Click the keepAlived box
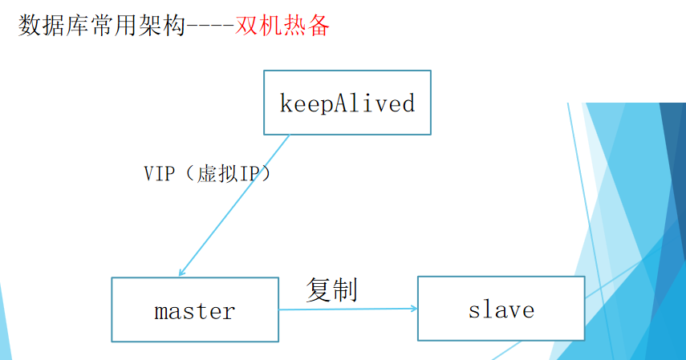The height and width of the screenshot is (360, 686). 347,103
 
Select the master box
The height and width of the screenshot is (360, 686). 194,309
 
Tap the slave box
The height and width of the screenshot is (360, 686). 501,309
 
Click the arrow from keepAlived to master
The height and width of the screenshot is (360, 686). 234,204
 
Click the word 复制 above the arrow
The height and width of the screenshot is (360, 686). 331,289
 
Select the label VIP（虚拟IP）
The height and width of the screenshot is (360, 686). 208,174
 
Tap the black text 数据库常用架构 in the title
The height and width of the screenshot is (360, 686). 101,26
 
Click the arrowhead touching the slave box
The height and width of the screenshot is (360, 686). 412,309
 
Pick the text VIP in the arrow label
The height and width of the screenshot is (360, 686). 159,174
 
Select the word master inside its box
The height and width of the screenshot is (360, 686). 194,310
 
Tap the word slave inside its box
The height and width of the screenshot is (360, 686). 501,309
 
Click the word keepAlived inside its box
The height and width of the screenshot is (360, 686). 347,103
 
